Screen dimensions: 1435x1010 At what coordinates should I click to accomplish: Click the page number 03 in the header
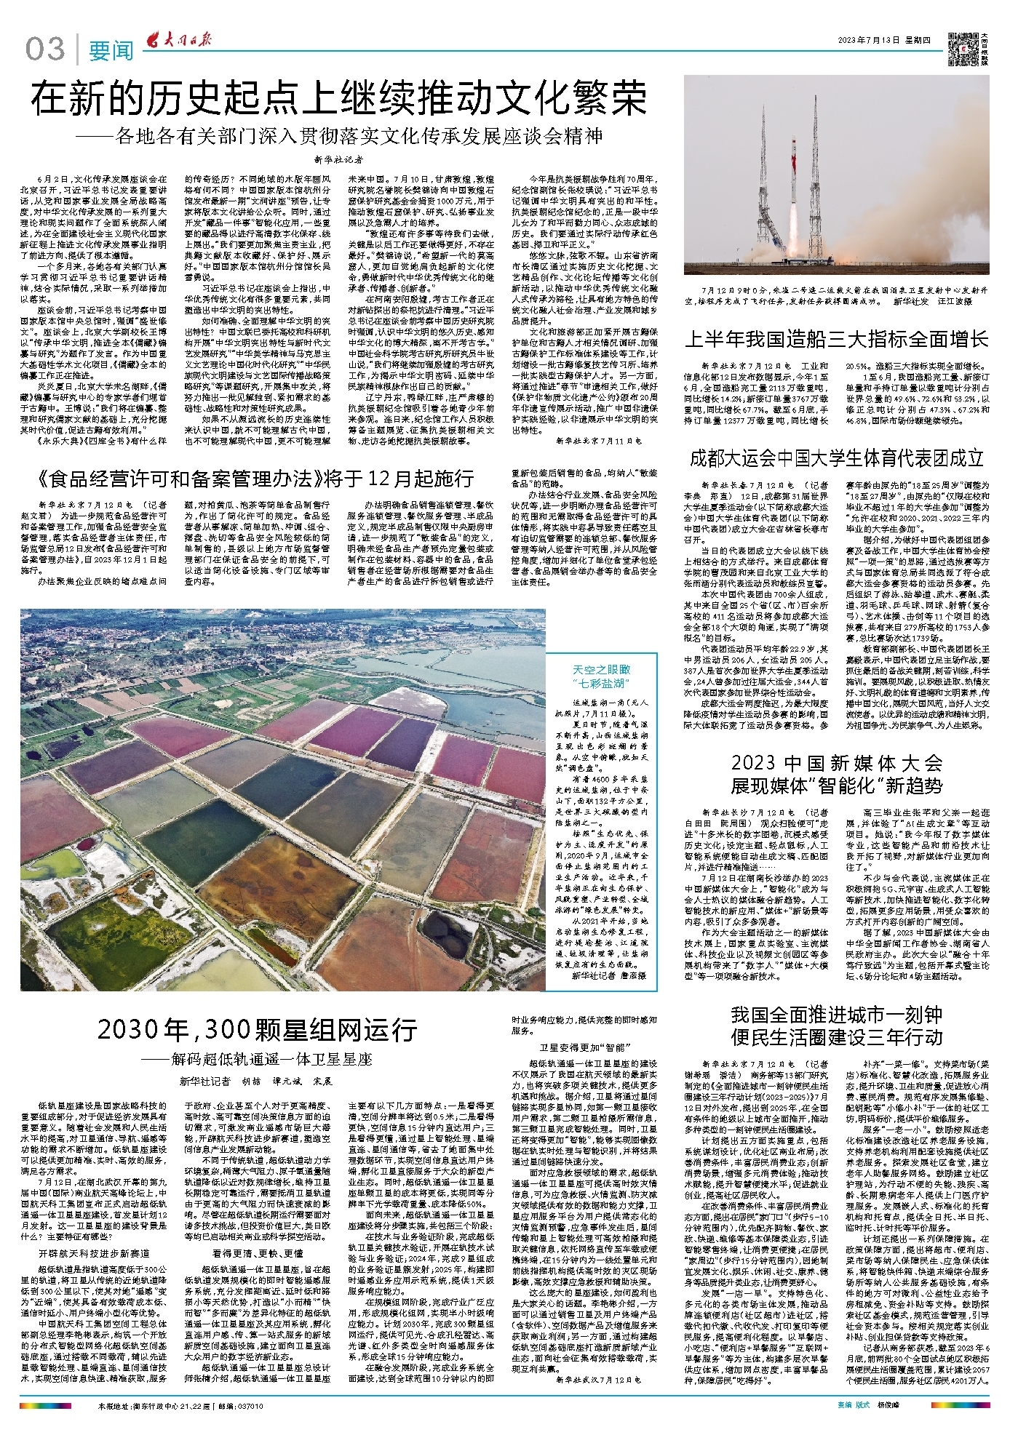(x=45, y=49)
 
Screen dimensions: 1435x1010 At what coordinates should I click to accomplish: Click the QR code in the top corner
(x=962, y=45)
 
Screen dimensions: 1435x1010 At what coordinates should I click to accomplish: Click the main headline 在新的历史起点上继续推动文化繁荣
(x=339, y=100)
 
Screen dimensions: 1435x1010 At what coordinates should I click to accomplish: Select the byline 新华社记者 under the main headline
(x=339, y=159)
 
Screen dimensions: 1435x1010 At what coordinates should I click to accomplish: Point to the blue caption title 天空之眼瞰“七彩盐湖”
(x=602, y=676)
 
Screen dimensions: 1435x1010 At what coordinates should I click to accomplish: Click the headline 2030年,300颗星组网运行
(x=257, y=1029)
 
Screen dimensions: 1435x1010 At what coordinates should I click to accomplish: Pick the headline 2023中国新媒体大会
(x=837, y=763)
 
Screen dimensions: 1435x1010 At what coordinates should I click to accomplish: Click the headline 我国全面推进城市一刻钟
(x=837, y=1015)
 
